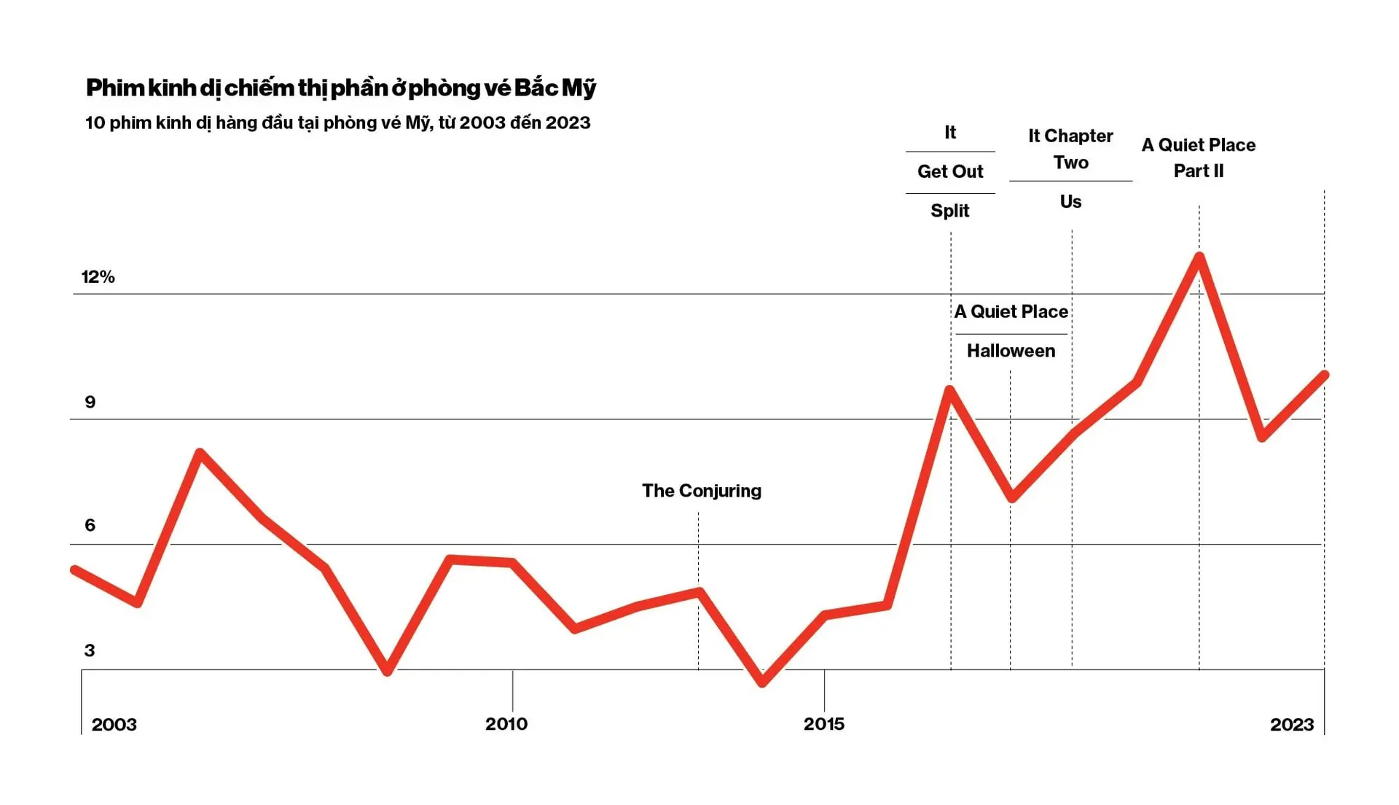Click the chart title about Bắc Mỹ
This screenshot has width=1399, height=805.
(x=340, y=88)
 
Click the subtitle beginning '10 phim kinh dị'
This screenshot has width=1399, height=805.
(x=337, y=122)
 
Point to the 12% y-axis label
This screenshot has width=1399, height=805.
(x=98, y=277)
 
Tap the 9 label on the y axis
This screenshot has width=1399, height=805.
(x=90, y=402)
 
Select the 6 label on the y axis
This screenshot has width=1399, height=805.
(x=90, y=525)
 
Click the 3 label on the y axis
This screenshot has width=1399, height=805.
(x=90, y=650)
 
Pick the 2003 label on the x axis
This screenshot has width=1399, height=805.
(x=114, y=725)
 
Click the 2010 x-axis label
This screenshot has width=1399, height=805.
(x=506, y=724)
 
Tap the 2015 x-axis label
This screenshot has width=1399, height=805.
(x=824, y=724)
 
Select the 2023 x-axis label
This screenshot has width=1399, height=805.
(x=1292, y=725)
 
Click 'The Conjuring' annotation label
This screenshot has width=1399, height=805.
(x=702, y=491)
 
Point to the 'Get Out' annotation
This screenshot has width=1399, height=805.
(x=950, y=171)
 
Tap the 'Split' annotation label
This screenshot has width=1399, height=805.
(x=950, y=211)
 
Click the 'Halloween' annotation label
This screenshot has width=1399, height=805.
(x=1011, y=351)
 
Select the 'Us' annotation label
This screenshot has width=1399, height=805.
(x=1070, y=201)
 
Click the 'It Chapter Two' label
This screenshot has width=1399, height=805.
(x=1070, y=149)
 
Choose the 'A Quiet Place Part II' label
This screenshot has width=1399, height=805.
(x=1199, y=157)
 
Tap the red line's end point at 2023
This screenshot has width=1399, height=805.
(x=1324, y=376)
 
